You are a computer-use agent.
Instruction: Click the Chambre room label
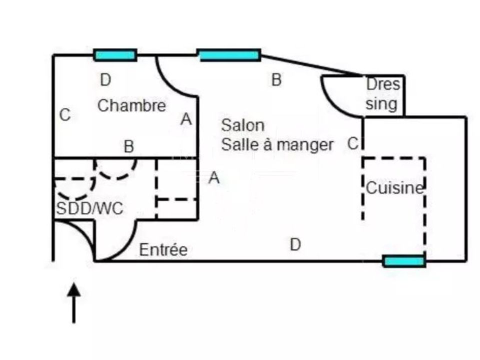point(131,105)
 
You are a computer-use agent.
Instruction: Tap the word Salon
point(243,125)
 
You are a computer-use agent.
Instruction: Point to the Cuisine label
point(395,187)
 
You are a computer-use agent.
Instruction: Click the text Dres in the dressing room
point(383,84)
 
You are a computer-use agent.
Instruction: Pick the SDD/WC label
point(89,209)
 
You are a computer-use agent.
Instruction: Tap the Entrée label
point(163,249)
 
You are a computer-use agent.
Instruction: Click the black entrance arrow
point(74,303)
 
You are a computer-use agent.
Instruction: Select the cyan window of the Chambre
point(115,55)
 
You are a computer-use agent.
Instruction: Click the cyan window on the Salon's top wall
point(229,55)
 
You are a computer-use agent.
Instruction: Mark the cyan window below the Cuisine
point(404,261)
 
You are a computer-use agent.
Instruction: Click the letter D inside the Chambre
point(105,80)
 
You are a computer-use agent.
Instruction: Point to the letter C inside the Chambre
point(65,115)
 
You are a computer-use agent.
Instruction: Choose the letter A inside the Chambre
point(186,119)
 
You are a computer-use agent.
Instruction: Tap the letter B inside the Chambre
point(129,146)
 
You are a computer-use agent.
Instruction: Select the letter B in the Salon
point(276,79)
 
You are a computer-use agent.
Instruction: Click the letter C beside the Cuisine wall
point(353,143)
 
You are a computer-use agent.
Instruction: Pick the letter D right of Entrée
point(295,245)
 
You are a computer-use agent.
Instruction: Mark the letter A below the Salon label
point(214,177)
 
